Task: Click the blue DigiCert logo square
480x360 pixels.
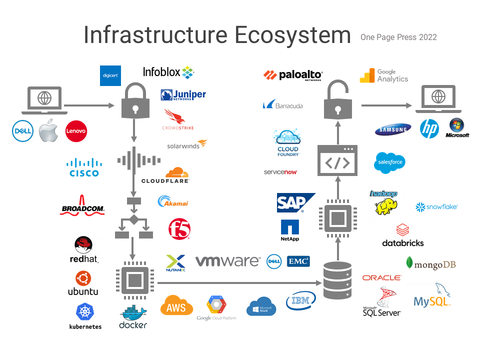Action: coord(110,75)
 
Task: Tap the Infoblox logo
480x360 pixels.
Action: coord(168,72)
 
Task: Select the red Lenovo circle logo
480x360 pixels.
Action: coord(76,131)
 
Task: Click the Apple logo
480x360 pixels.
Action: coord(49,131)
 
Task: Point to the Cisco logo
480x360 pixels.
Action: coord(84,167)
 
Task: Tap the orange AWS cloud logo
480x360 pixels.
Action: coord(176,305)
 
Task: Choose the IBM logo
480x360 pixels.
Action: coord(301,301)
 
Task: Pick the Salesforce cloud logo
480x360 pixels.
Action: coord(389,162)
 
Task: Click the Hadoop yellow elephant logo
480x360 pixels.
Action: coord(385,202)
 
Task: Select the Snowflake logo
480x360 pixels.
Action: coord(436,206)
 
